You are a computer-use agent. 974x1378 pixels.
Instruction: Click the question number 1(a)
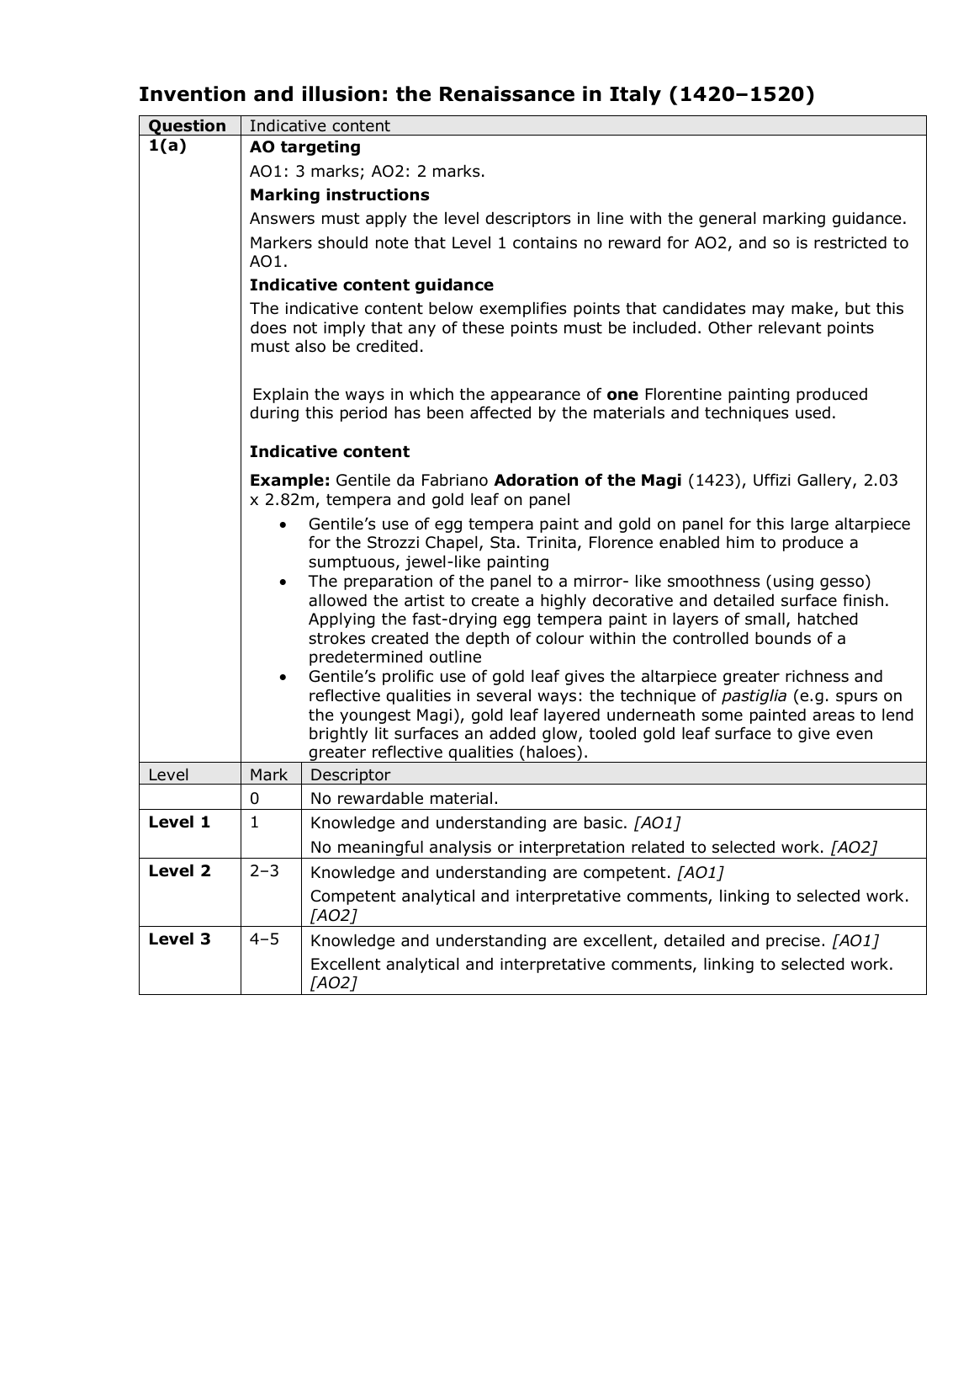coord(167,146)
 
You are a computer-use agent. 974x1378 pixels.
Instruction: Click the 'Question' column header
coord(187,125)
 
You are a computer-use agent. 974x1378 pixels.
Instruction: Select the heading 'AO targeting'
coord(304,146)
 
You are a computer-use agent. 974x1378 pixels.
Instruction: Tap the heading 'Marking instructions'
coord(339,194)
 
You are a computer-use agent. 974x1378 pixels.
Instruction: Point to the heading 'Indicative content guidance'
coord(371,285)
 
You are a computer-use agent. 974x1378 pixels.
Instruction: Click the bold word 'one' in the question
coord(622,394)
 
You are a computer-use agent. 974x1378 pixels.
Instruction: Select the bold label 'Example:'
coord(289,480)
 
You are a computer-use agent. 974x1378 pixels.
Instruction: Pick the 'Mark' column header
coord(268,774)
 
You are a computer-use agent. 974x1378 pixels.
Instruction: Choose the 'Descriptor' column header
coord(350,774)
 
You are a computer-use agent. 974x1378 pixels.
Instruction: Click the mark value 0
coord(254,798)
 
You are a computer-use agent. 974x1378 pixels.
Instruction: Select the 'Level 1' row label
coord(178,822)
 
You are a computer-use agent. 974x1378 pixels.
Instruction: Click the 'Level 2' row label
coord(178,870)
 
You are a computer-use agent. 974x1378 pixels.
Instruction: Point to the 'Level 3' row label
coord(178,939)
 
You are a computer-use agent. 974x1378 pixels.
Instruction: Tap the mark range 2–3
coord(263,870)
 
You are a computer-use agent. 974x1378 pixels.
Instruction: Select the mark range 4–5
coord(263,939)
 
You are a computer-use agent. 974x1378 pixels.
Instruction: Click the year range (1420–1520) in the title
coord(741,94)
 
